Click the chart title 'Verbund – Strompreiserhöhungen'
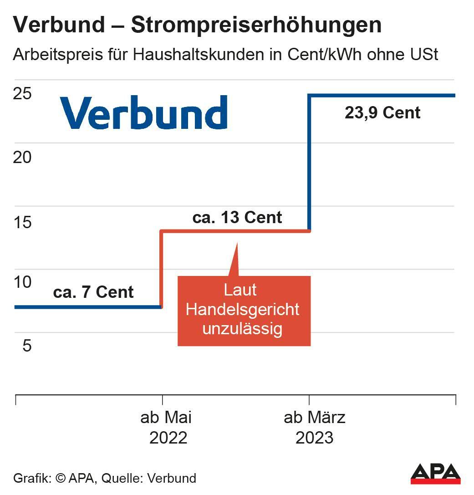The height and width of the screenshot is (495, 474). pos(197,26)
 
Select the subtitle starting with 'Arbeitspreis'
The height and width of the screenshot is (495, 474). pos(225,55)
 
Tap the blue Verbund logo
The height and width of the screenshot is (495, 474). pos(144,112)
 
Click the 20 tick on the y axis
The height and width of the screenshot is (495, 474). pos(22,158)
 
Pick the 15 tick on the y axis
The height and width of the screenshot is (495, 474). pos(22,222)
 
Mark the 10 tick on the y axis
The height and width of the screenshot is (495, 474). pos(22,282)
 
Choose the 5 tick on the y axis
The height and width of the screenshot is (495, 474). pos(27,346)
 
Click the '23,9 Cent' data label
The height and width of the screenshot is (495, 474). pos(382,112)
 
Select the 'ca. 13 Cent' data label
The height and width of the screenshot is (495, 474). pos(237,217)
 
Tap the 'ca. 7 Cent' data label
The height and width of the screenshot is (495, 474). pos(93,292)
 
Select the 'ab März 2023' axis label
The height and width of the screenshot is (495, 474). pos(314,428)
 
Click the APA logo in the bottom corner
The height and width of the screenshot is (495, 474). pos(435,475)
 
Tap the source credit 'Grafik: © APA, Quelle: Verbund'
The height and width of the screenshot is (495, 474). pos(105,479)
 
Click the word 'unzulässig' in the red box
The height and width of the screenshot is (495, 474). pos(242,329)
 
